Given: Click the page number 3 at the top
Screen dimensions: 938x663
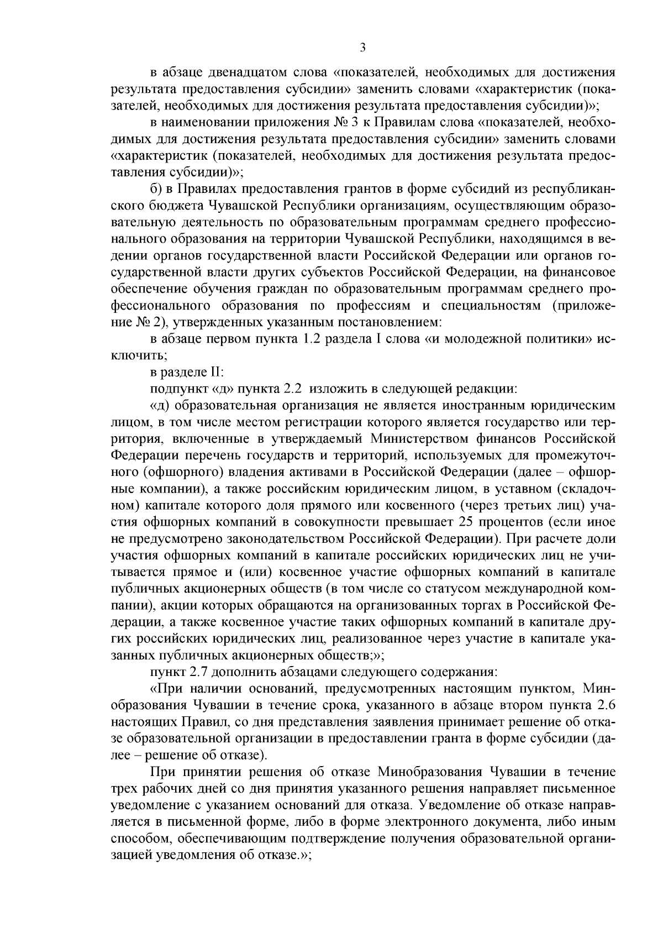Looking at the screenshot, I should (x=362, y=48).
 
